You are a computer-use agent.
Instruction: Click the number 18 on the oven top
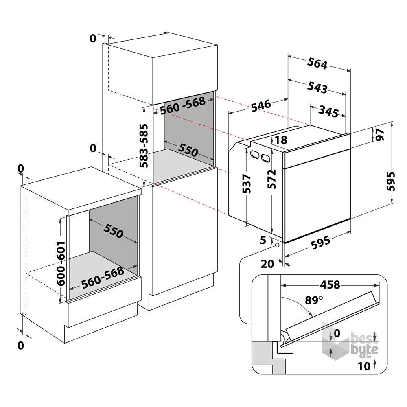coord(281,140)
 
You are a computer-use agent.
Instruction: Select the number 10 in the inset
coord(365,366)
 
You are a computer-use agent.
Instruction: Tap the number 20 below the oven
coord(267,264)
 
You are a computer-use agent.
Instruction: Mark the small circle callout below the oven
coord(278,245)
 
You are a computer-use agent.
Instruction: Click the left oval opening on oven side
coord(256,155)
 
